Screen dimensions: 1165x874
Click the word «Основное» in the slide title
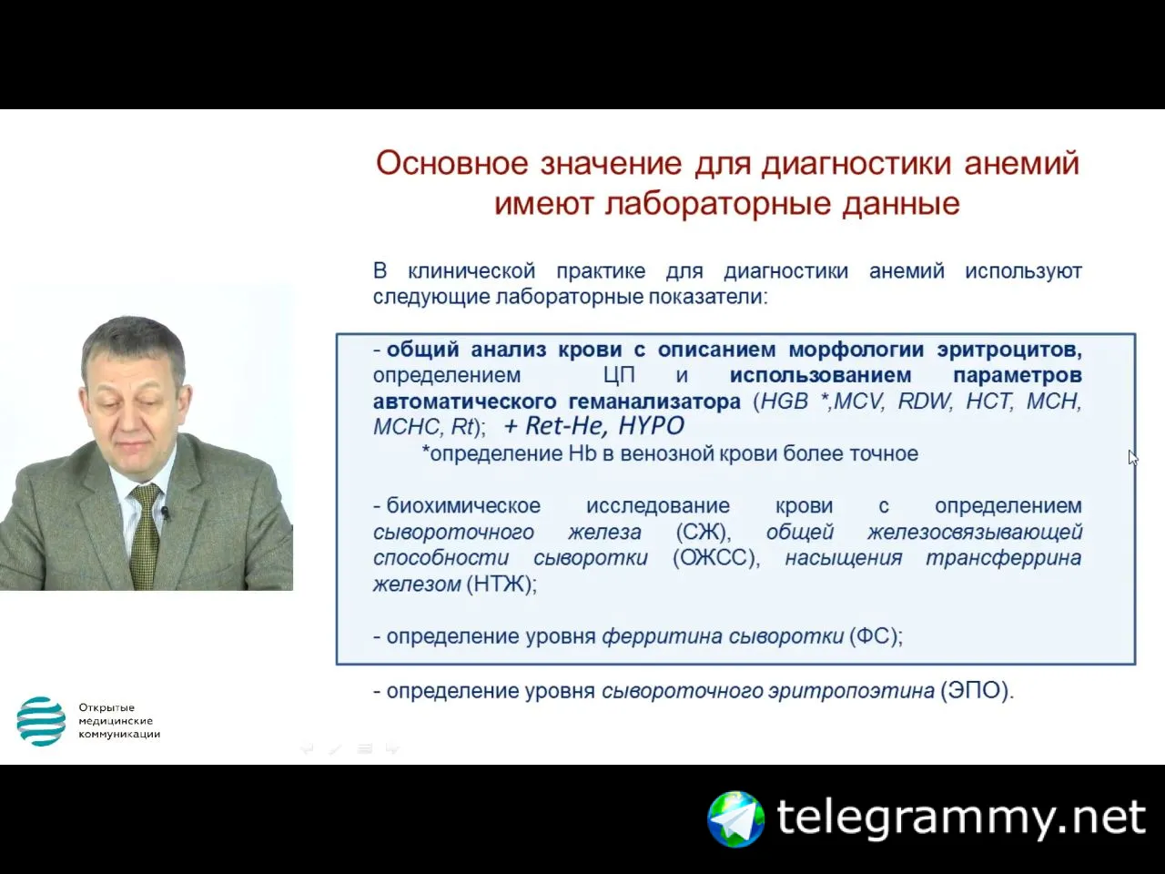click(x=452, y=163)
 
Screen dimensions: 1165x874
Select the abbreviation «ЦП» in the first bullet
click(x=619, y=376)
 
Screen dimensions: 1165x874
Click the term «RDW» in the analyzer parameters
click(x=925, y=401)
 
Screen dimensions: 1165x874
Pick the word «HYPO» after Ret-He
click(x=652, y=426)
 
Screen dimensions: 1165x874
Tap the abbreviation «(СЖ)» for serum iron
click(x=704, y=533)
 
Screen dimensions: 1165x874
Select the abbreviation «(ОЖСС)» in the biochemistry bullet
click(x=716, y=558)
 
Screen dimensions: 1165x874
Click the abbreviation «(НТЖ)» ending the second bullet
click(x=501, y=584)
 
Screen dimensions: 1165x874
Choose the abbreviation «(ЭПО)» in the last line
click(x=977, y=691)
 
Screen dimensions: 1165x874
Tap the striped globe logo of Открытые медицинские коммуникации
click(x=41, y=721)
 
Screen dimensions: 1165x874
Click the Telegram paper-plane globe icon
click(x=735, y=819)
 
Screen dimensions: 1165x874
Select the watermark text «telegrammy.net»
click(x=961, y=818)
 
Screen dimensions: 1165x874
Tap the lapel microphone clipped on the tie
click(x=165, y=513)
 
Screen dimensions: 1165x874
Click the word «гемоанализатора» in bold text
click(x=654, y=401)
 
